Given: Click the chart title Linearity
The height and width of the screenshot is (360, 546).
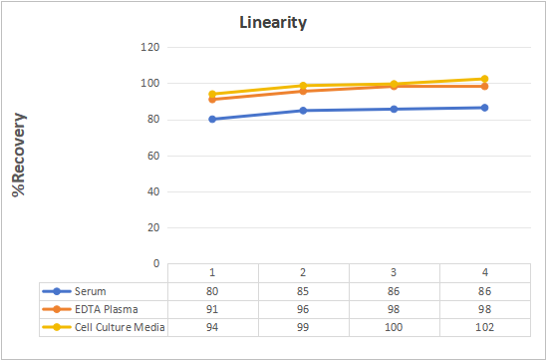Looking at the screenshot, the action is pyautogui.click(x=273, y=23).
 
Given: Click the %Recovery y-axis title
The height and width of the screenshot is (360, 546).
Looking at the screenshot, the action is pyautogui.click(x=19, y=155).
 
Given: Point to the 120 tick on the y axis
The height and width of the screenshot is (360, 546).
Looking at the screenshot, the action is pyautogui.click(x=150, y=47).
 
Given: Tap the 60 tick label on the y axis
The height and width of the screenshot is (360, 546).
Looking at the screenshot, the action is pyautogui.click(x=152, y=156).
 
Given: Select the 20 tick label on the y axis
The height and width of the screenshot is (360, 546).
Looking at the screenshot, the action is pyautogui.click(x=152, y=227).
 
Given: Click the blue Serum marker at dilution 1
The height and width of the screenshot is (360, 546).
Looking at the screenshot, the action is pyautogui.click(x=212, y=120).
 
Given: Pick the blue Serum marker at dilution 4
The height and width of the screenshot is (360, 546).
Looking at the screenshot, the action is pyautogui.click(x=484, y=108).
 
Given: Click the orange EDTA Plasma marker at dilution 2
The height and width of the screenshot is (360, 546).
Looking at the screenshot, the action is pyautogui.click(x=303, y=91).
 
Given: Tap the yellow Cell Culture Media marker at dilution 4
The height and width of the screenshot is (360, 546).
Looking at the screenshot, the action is pyautogui.click(x=484, y=79).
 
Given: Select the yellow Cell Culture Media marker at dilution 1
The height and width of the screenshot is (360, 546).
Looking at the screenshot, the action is pyautogui.click(x=212, y=94).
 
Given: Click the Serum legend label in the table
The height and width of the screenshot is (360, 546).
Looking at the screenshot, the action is pyautogui.click(x=91, y=291).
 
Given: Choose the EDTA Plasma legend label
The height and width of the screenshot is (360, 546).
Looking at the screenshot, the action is pyautogui.click(x=107, y=309).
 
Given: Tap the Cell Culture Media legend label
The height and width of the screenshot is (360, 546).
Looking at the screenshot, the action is pyautogui.click(x=120, y=327).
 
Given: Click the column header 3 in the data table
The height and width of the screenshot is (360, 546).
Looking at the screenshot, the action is pyautogui.click(x=394, y=272).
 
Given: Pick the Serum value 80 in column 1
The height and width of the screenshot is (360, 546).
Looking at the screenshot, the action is pyautogui.click(x=212, y=291).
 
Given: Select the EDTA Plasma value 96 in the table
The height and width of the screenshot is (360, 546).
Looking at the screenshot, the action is pyautogui.click(x=303, y=309).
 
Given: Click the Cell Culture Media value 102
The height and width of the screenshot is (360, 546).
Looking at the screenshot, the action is pyautogui.click(x=484, y=327).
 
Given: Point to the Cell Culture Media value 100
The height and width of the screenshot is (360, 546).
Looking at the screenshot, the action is pyautogui.click(x=394, y=327).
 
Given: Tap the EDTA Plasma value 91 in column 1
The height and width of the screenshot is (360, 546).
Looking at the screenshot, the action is pyautogui.click(x=212, y=309).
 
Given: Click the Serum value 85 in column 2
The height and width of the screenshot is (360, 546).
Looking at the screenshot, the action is pyautogui.click(x=303, y=291).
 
